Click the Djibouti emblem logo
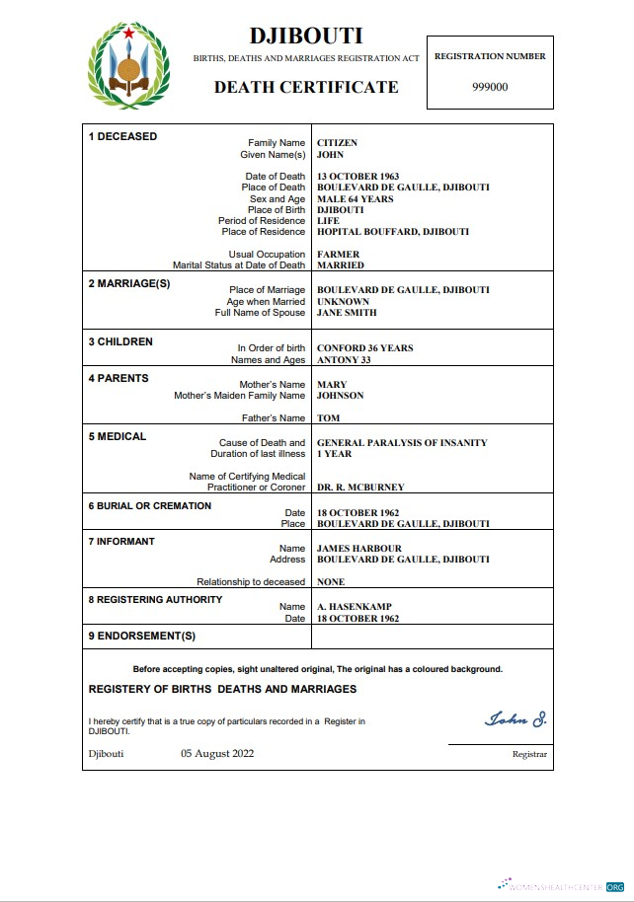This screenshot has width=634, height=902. click(129, 66)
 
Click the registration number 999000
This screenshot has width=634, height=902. click(490, 87)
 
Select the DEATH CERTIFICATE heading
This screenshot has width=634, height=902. click(306, 87)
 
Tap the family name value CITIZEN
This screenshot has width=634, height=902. click(337, 143)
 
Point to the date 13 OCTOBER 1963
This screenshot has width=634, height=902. click(357, 177)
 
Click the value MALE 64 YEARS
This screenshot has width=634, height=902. click(355, 199)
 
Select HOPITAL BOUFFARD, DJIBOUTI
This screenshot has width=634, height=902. click(392, 232)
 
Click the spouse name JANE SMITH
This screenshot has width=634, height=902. click(346, 313)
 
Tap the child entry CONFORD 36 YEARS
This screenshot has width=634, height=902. click(364, 348)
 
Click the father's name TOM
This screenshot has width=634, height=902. click(328, 418)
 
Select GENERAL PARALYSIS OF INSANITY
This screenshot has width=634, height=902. click(401, 443)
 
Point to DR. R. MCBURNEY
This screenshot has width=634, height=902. click(359, 488)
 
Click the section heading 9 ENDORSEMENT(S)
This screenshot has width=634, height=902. click(142, 636)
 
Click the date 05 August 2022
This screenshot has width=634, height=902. click(217, 754)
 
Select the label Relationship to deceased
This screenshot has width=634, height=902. click(251, 582)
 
